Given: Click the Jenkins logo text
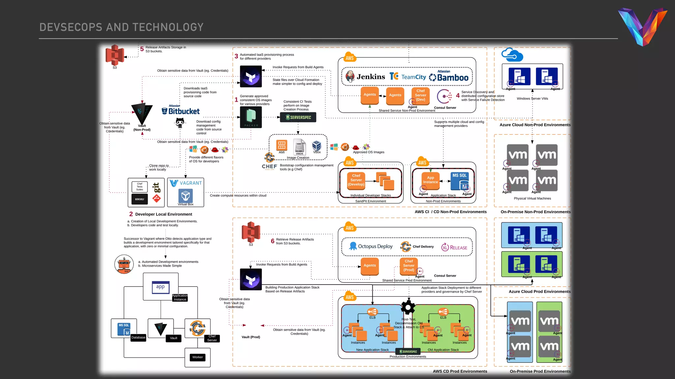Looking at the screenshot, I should coord(370,77).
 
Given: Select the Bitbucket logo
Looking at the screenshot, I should coord(181,111).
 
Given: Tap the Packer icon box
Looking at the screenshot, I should coord(251,117).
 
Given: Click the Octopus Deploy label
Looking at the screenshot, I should coord(375,246).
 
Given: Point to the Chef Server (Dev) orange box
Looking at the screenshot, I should coord(420,95).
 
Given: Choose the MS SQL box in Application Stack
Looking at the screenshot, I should coord(459,181).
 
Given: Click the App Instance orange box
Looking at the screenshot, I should coord(430,180).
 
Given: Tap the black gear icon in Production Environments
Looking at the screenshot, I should coord(408,308).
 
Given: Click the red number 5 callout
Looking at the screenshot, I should coord(142,49).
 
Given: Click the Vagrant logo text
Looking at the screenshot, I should coord(191,183).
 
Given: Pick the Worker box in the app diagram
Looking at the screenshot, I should coord(197,357).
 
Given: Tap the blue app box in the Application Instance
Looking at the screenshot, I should coord(161,287).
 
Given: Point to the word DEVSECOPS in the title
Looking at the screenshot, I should coord(71,27).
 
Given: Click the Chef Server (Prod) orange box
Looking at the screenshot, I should coord(409,265).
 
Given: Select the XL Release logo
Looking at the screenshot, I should coord(454,248).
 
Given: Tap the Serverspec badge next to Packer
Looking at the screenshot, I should coord(298,117).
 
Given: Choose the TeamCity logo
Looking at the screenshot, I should coord(408,77).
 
